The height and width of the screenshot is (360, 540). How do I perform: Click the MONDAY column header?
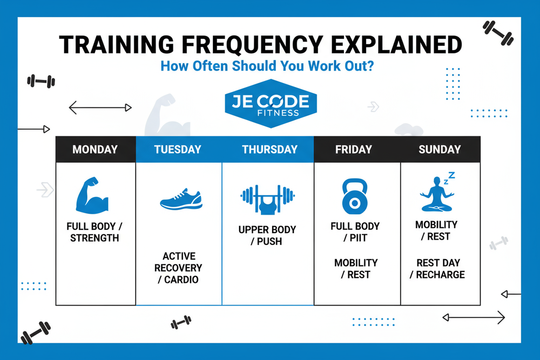[95, 150]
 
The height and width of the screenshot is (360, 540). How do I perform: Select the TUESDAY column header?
[178, 150]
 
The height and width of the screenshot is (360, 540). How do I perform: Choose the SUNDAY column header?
[440, 150]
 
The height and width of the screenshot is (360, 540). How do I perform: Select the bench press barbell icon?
[268, 199]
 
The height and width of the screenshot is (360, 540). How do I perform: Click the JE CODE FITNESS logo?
[270, 105]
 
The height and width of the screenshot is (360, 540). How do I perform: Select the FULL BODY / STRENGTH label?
[94, 232]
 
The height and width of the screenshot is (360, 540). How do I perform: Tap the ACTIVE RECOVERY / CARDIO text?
[178, 268]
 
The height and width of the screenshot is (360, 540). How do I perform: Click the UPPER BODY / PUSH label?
[267, 235]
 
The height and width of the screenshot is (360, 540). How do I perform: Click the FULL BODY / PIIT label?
[355, 232]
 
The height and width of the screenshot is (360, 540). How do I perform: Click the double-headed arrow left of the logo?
[100, 108]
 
